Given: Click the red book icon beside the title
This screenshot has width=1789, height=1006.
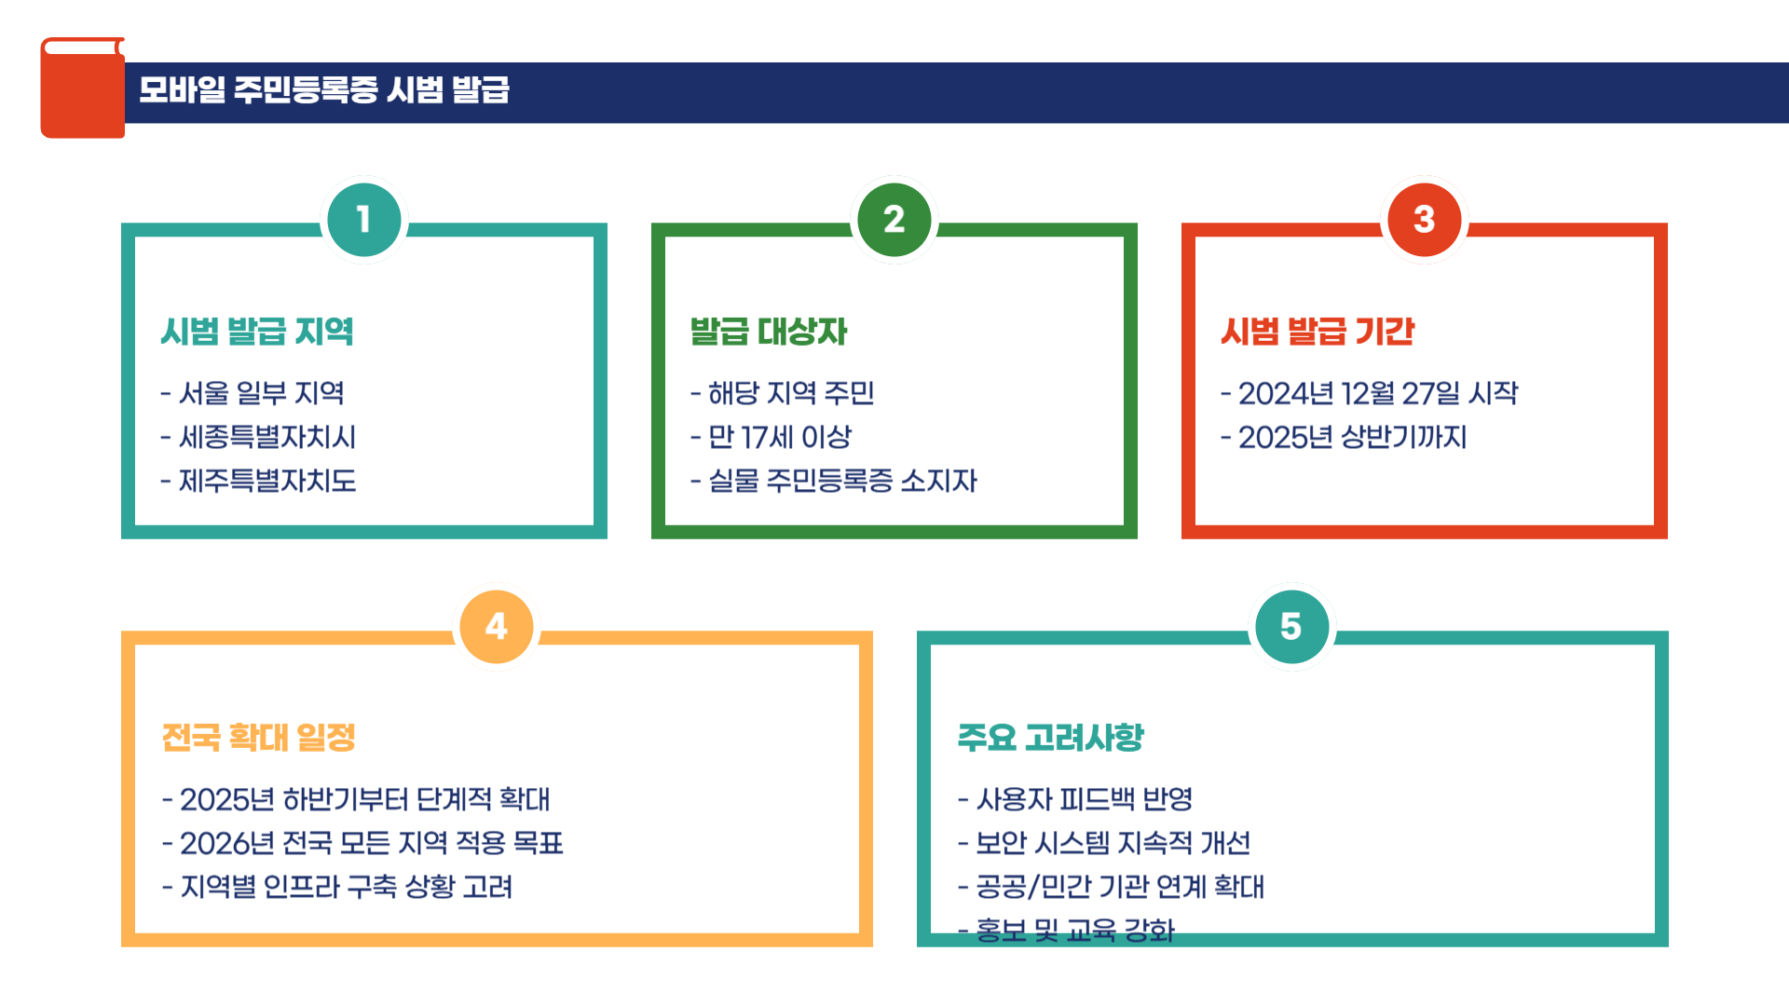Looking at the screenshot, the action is click(x=82, y=88).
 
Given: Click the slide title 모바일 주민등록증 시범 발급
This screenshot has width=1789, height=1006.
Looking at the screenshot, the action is click(x=324, y=90).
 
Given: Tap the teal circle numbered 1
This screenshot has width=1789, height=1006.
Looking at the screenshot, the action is click(x=363, y=220).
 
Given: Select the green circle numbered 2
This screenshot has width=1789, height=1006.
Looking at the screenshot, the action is click(x=894, y=220).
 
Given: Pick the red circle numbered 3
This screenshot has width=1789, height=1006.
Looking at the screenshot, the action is click(x=1424, y=220).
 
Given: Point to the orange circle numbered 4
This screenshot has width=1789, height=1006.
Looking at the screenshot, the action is click(x=497, y=627).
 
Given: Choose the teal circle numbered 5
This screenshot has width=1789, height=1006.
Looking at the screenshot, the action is click(x=1291, y=627).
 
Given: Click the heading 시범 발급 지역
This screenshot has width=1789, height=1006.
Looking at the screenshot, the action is click(x=257, y=332).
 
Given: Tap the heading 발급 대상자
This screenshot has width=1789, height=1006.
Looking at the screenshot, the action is click(x=769, y=332).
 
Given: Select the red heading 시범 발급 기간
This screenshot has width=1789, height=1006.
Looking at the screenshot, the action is click(x=1318, y=332).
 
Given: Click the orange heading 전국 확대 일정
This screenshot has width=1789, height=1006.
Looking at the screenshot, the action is click(x=259, y=738).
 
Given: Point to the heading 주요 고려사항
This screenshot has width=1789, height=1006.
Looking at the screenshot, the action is click(x=1050, y=738).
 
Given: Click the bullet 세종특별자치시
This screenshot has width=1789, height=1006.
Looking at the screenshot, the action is click(x=259, y=437).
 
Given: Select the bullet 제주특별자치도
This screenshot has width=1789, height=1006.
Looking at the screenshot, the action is click(x=259, y=481).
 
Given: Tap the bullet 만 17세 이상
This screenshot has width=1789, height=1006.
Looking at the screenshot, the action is click(x=772, y=437).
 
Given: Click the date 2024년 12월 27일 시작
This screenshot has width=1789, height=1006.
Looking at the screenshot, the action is click(x=1370, y=393).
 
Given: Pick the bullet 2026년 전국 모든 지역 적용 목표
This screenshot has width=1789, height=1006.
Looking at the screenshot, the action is click(x=363, y=843).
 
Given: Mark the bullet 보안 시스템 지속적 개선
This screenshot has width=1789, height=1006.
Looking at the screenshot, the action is click(x=1105, y=843).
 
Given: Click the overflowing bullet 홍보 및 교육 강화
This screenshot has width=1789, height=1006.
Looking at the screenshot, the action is click(x=1068, y=930).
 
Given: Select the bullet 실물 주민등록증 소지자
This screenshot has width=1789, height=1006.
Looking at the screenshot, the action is click(x=834, y=481).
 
